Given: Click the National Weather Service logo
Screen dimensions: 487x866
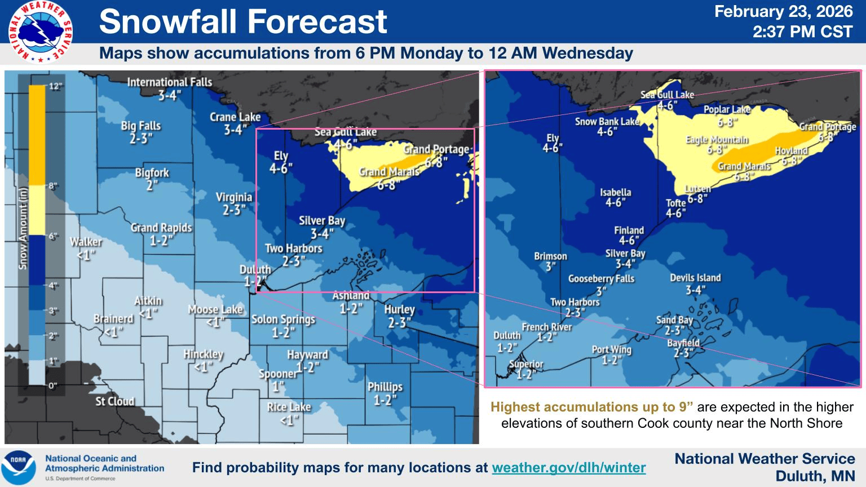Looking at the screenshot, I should [x=41, y=32].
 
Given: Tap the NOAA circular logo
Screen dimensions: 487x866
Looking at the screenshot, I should [x=19, y=467].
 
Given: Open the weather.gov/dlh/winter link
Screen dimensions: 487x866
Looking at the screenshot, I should [x=568, y=467].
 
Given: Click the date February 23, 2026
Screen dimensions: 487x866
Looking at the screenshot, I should [x=783, y=12].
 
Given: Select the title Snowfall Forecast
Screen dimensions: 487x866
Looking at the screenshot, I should [x=243, y=22].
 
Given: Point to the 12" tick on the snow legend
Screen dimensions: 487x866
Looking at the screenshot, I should [x=55, y=86].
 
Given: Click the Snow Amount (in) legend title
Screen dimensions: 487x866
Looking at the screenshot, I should [x=23, y=228].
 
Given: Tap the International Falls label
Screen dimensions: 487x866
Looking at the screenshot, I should [x=169, y=82].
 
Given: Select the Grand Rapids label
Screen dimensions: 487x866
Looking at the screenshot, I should [x=161, y=228].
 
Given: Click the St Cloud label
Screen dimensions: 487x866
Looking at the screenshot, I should [x=115, y=401].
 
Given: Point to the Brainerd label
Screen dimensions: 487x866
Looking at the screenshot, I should [x=113, y=319].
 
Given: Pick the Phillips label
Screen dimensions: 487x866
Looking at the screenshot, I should [x=385, y=387].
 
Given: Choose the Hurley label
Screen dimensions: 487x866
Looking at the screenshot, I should [x=399, y=309].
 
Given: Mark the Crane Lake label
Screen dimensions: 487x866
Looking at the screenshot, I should [x=235, y=117].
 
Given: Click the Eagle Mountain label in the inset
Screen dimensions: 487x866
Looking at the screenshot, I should [x=717, y=140].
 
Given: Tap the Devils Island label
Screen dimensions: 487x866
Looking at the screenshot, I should [x=695, y=278].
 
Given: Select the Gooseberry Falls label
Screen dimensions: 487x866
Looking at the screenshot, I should [x=601, y=278].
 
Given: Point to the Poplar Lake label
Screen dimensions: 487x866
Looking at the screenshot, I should [x=727, y=109].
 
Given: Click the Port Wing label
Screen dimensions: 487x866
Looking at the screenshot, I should [x=611, y=349].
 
